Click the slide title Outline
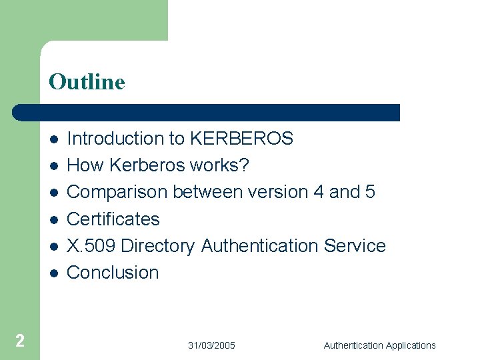click(87, 82)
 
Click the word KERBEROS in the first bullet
click(241, 139)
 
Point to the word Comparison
click(117, 192)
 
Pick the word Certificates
click(113, 219)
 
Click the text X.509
click(91, 245)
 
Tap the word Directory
click(158, 246)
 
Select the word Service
click(355, 245)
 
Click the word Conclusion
click(113, 272)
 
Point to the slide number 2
click(20, 341)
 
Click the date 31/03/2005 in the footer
click(211, 345)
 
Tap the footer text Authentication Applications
click(379, 345)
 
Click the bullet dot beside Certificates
click(53, 219)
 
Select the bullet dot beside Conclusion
click(53, 273)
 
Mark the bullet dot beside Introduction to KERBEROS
click(53, 139)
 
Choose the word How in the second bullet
click(83, 165)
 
